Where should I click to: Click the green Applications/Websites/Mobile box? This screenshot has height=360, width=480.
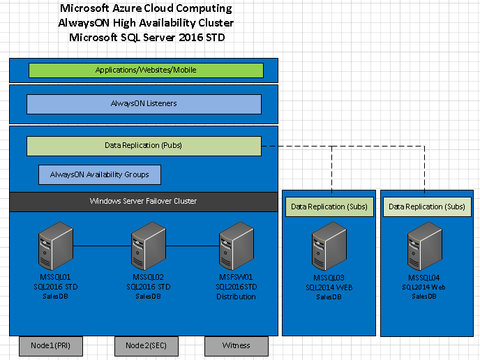pyautogui.click(x=146, y=70)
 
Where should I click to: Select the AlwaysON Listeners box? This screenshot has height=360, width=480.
pyautogui.click(x=144, y=104)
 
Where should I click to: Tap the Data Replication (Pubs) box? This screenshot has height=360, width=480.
pyautogui.click(x=144, y=146)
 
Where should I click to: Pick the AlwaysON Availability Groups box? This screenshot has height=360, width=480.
pyautogui.click(x=99, y=174)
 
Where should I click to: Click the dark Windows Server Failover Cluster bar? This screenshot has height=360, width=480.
pyautogui.click(x=144, y=201)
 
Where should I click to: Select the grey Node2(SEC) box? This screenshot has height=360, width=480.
pyautogui.click(x=146, y=345)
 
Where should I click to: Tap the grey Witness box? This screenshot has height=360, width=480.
pyautogui.click(x=236, y=345)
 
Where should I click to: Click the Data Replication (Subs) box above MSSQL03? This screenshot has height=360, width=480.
pyautogui.click(x=329, y=207)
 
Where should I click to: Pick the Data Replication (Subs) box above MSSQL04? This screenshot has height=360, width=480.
pyautogui.click(x=426, y=207)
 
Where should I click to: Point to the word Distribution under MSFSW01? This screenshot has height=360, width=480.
pyautogui.click(x=236, y=297)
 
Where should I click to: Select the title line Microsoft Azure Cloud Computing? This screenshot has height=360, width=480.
pyautogui.click(x=147, y=9)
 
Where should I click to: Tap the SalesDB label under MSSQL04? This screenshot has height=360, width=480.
pyautogui.click(x=425, y=296)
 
